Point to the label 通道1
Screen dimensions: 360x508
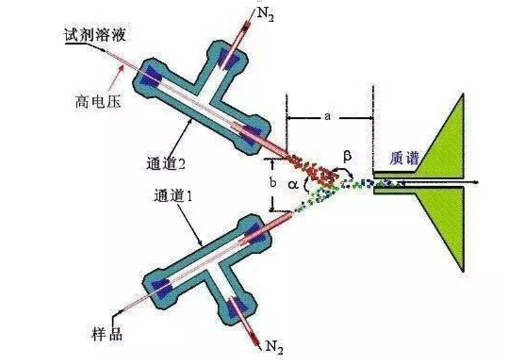(173, 197)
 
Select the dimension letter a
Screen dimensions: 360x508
(327, 117)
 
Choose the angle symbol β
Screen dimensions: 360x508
(347, 155)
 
